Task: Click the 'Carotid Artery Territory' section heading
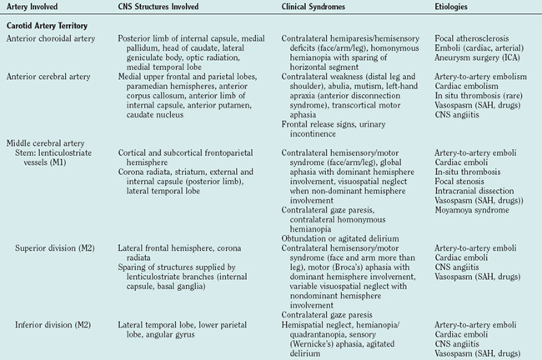click(x=48, y=26)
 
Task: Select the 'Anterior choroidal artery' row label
click(x=49, y=39)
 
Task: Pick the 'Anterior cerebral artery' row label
click(x=48, y=76)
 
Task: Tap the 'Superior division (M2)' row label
click(x=59, y=248)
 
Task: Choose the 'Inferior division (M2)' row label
click(x=58, y=322)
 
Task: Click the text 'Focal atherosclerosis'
click(x=473, y=39)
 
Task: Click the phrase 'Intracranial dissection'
click(x=474, y=191)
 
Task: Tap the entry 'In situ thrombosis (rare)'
click(x=479, y=94)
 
